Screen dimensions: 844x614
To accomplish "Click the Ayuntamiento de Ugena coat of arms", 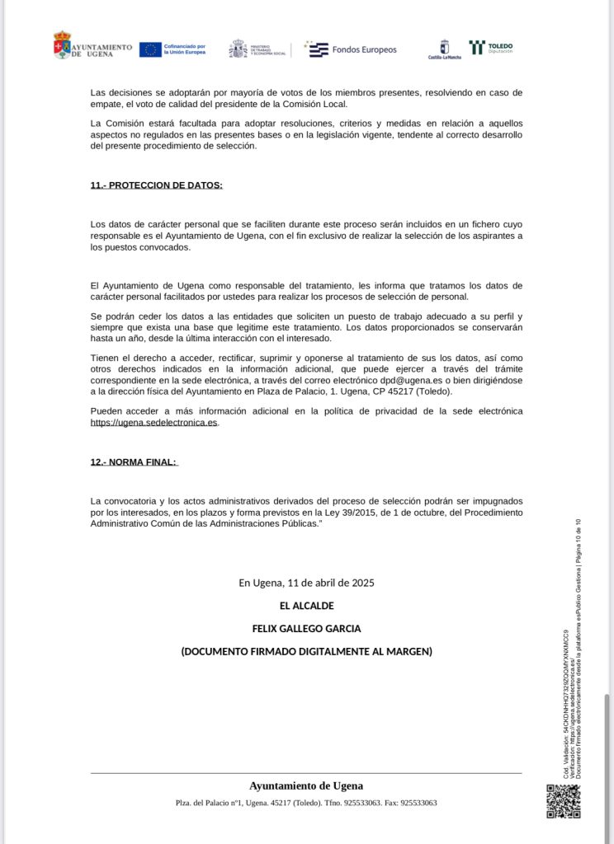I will pos(62,45).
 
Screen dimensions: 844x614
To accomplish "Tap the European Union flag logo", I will pos(149,49).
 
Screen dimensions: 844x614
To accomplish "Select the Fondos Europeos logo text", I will pos(364,49).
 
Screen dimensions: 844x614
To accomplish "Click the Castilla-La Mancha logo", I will pos(444,49).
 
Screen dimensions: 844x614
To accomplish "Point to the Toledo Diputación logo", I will pos(491,48).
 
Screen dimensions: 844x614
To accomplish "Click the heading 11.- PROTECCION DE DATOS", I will pos(156,185).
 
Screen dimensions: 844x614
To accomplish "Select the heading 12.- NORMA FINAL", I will pos(134,462).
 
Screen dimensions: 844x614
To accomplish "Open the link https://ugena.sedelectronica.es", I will pos(153,423).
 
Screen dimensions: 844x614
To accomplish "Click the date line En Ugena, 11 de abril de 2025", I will pos(306,583).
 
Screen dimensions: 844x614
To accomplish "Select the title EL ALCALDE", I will pos(306,606).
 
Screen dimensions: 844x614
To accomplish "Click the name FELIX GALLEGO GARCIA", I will pos(306,629).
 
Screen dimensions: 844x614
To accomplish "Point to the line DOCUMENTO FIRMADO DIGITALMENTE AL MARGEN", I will pos(306,652).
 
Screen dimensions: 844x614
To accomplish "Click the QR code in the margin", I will pos(563,801).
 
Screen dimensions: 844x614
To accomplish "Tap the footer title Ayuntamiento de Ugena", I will pos(306,786).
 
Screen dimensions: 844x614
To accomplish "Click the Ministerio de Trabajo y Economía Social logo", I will pos(257,49).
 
